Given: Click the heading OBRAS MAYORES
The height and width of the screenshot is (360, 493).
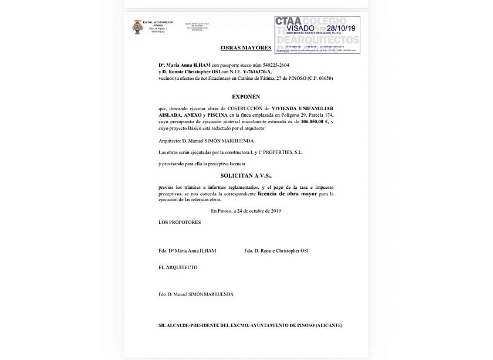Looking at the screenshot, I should click(246, 47).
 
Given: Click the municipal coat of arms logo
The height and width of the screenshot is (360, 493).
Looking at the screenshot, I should click(137, 27).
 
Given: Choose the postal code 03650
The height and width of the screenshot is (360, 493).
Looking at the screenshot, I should click(323, 78).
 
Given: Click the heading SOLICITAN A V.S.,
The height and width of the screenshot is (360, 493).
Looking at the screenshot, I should click(245, 175).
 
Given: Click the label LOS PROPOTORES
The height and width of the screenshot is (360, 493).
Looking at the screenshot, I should click(180, 223).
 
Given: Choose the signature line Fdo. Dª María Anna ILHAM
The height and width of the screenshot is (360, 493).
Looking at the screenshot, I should click(187, 251).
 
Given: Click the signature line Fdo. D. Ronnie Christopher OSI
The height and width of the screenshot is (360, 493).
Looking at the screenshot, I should click(276, 251).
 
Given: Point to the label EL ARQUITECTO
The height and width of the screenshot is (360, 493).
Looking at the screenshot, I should click(178, 267).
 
